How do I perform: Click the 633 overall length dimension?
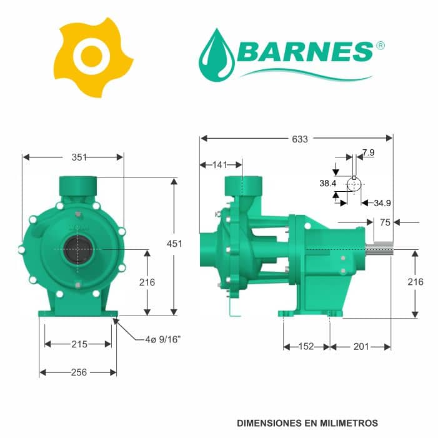[300, 139]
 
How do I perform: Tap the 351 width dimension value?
[79, 157]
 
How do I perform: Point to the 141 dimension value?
[220, 165]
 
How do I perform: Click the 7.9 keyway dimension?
[368, 152]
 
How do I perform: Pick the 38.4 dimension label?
[327, 184]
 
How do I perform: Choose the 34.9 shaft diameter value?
[382, 203]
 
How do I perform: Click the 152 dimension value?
[306, 347]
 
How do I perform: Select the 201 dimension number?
[361, 347]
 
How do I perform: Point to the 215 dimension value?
[79, 344]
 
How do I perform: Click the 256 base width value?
[79, 372]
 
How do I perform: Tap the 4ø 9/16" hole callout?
[162, 340]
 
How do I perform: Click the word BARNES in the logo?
[304, 52]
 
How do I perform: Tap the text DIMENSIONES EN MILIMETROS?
[307, 423]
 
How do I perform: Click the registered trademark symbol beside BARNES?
[380, 46]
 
